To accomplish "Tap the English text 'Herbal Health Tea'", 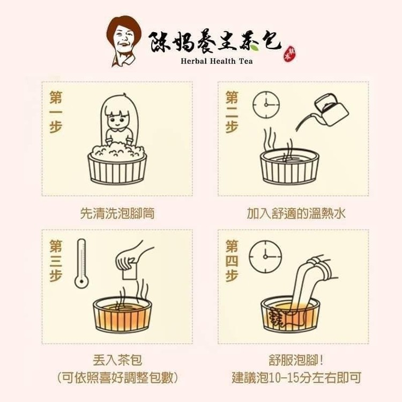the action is tap(217, 61).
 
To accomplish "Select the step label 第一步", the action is tap(56, 112).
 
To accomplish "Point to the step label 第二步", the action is tap(232, 112).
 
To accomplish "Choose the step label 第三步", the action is tap(56, 260).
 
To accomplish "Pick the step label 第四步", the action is tap(232, 260).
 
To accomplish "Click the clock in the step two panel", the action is tap(266, 105).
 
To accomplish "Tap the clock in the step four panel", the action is tap(265, 257).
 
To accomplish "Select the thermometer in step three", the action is tap(81, 263).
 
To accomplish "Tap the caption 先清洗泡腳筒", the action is tap(117, 213).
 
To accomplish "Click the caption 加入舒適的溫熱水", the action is tap(296, 213).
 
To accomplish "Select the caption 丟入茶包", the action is tap(117, 360).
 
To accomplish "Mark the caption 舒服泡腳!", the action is tap(296, 360).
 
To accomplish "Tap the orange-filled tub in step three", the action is tap(122, 315).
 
